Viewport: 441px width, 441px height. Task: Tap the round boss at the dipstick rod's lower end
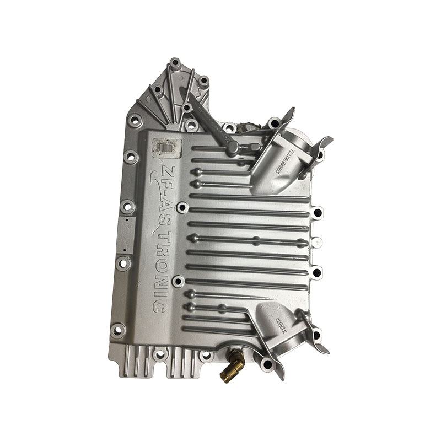tap(233, 146)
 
